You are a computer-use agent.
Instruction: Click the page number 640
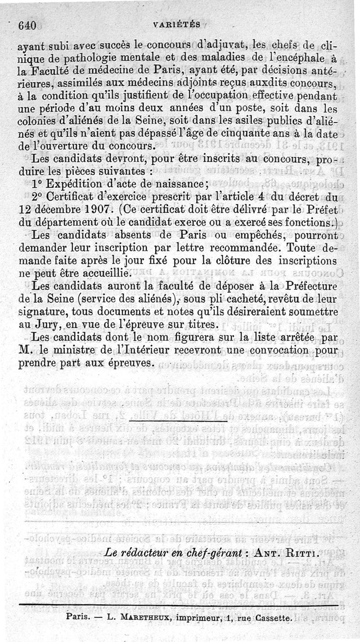pyautogui.click(x=27, y=26)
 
